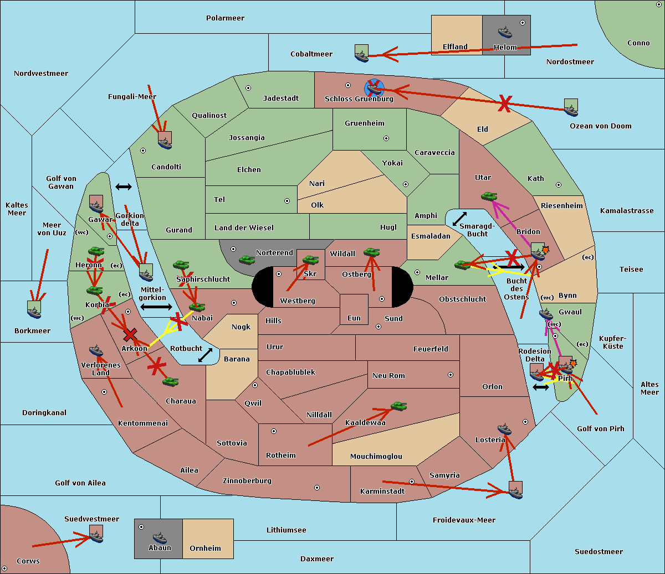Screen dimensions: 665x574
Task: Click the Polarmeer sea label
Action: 225,18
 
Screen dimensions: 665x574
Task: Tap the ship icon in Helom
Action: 505,32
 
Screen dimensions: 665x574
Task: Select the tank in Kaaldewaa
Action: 398,406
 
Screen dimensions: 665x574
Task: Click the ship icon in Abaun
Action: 160,538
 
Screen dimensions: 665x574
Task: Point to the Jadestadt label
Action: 281,99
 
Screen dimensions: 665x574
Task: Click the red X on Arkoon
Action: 130,334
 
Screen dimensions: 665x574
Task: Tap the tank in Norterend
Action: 247,260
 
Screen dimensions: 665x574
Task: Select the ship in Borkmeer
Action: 34,309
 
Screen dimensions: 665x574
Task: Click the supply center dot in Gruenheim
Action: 386,138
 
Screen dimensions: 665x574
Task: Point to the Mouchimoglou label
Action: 376,456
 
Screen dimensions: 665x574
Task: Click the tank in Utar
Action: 489,196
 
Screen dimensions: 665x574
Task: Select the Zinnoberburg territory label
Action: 247,480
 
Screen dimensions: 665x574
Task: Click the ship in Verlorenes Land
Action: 96,350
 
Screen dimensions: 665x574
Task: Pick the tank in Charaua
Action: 170,381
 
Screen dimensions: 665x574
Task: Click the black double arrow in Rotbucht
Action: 205,355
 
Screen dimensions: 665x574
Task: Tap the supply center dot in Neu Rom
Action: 451,375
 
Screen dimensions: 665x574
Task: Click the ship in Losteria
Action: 504,429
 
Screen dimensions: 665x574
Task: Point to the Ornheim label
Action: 205,548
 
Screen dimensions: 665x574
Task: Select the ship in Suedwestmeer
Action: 96,534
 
